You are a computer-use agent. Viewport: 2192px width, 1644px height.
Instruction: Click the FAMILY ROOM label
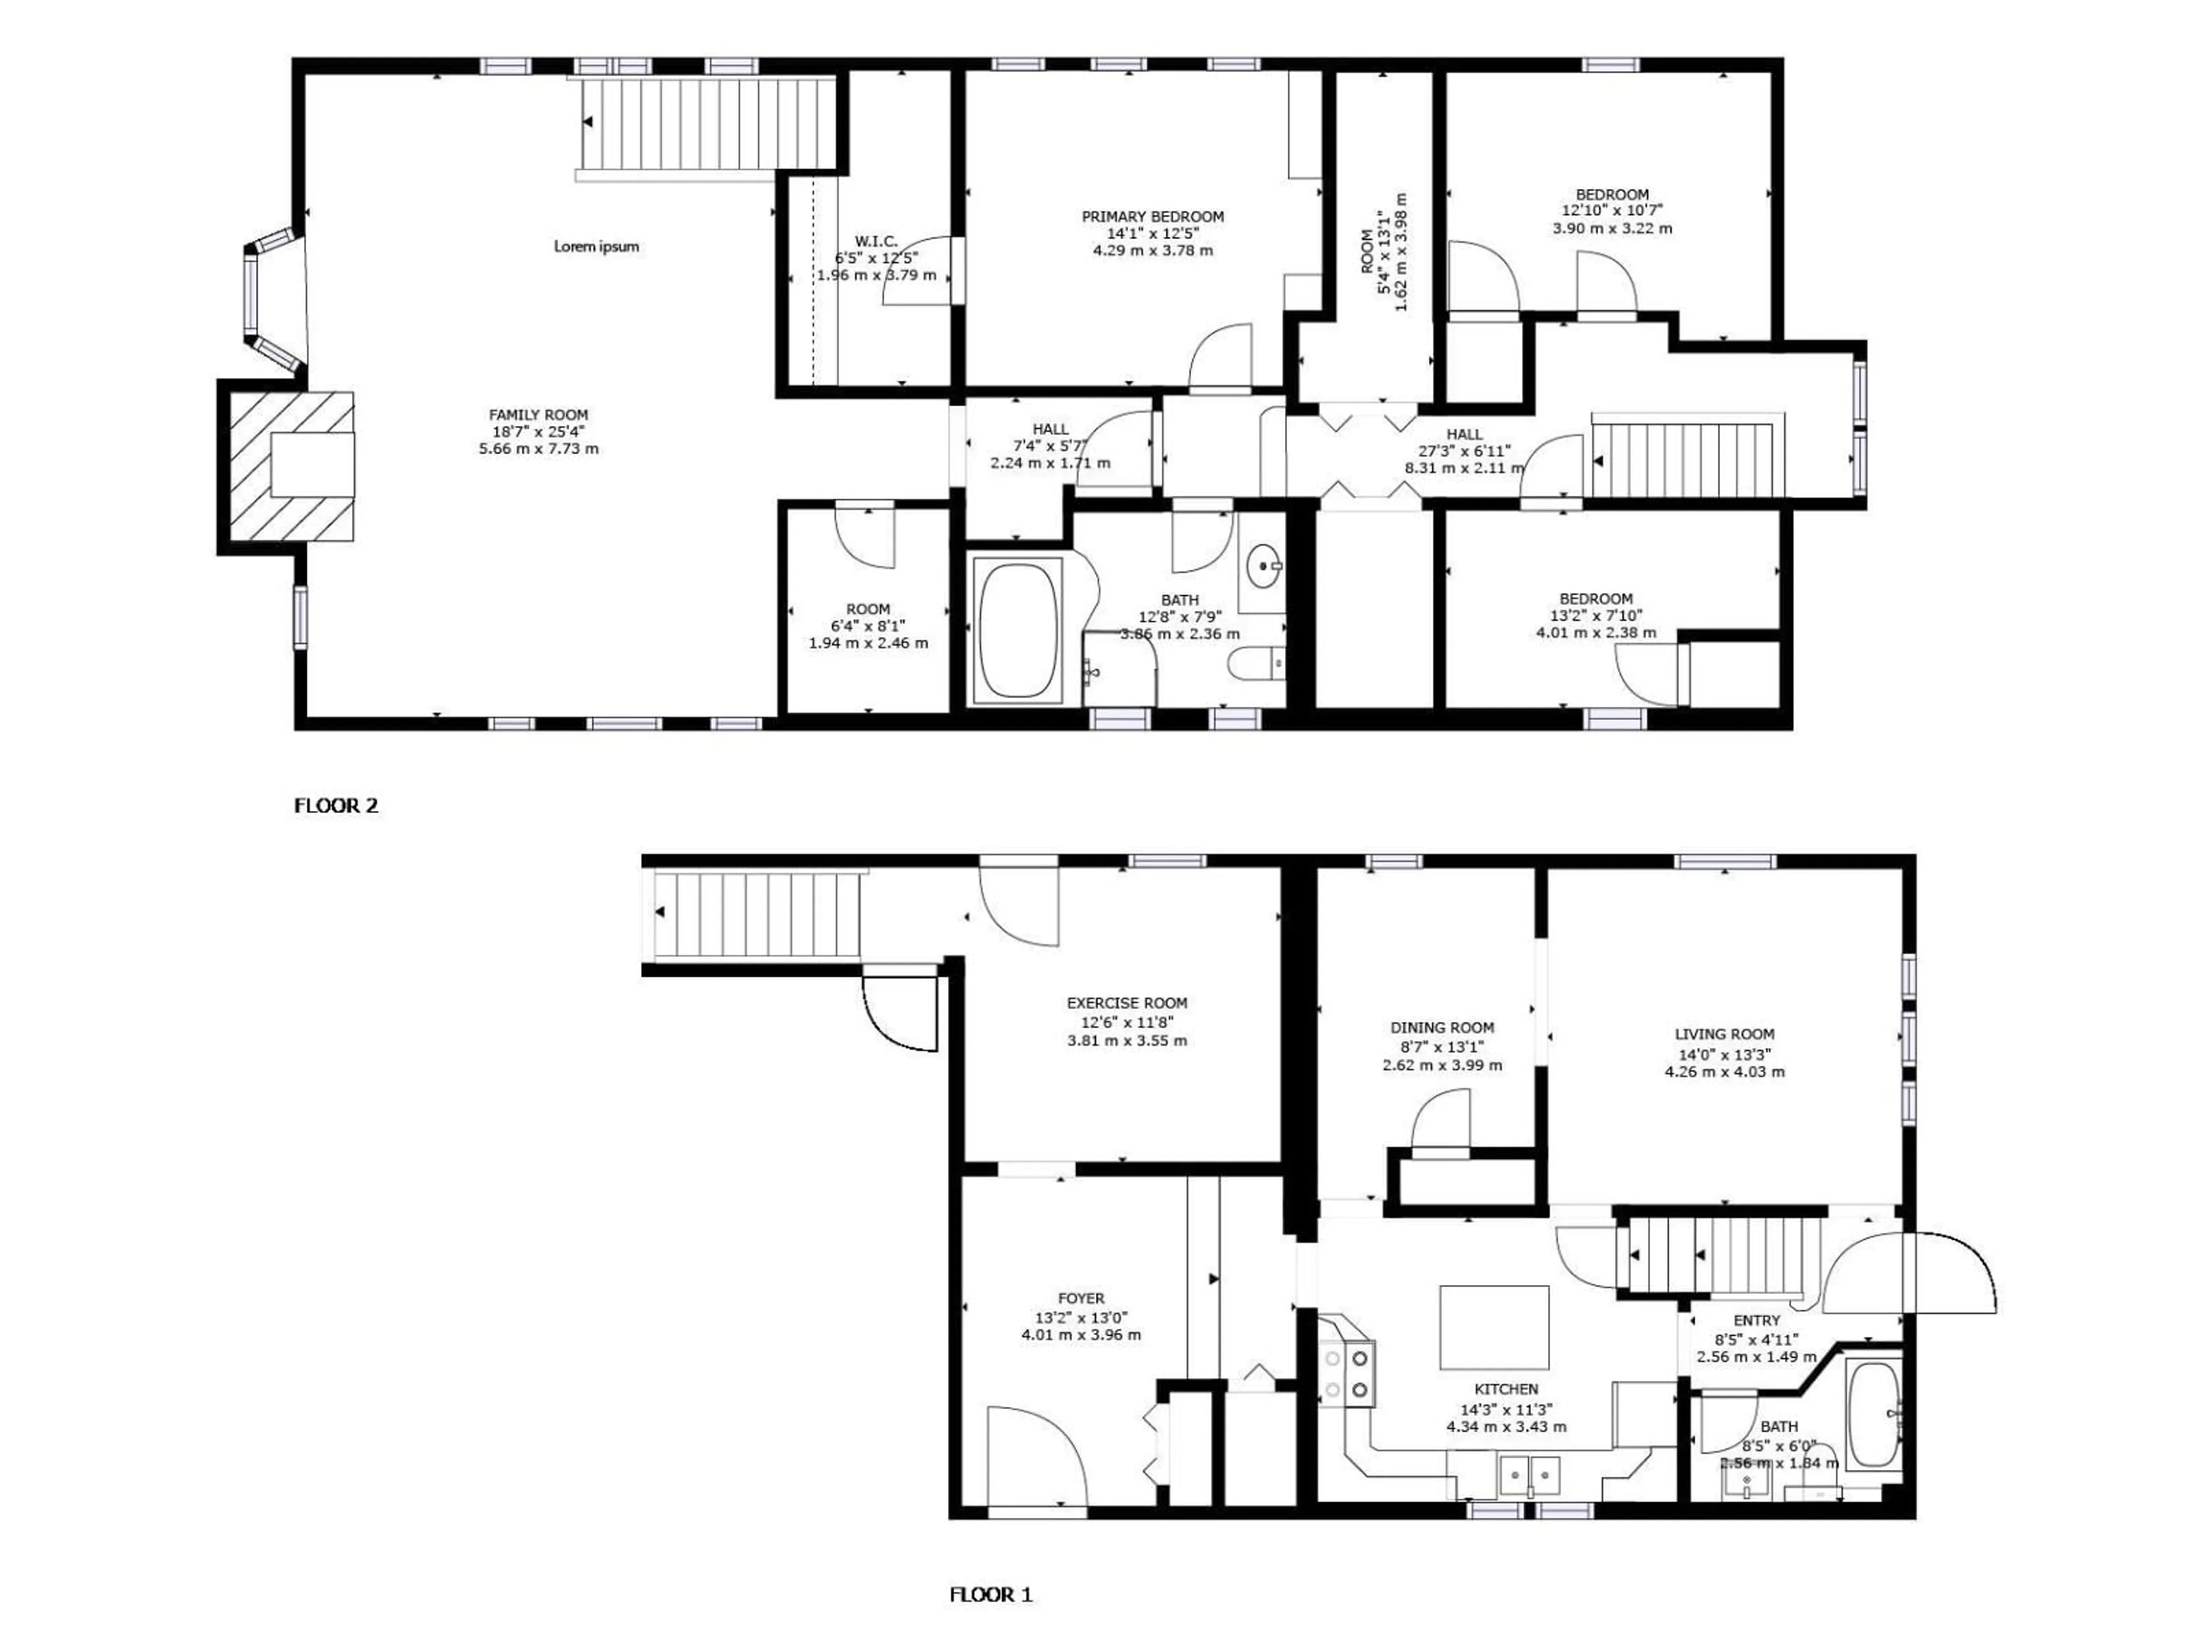(x=538, y=415)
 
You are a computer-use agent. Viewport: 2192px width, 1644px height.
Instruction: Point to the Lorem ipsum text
(x=595, y=247)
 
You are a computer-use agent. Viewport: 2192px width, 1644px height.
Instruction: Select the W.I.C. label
(x=876, y=241)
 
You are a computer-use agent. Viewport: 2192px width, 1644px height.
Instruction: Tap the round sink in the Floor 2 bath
(x=1263, y=566)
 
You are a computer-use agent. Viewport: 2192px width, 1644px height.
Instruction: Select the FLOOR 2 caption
(x=336, y=805)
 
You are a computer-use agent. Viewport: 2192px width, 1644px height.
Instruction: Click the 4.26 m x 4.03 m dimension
(x=1724, y=1071)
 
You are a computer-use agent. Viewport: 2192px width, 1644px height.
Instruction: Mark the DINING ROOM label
(x=1442, y=1027)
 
